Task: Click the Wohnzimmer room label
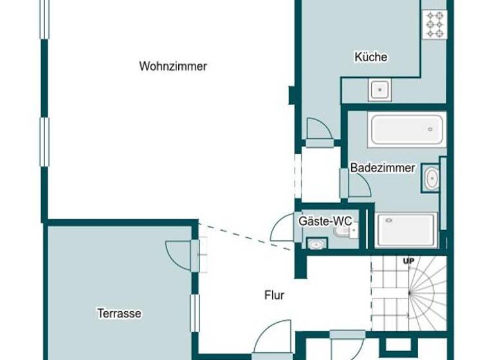point(172,66)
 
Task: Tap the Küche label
point(371,57)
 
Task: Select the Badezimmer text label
point(382,168)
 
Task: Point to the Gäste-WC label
point(325,222)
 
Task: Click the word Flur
point(275,296)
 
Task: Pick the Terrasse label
point(119,314)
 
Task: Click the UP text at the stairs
point(408,261)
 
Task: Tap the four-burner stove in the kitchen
point(435,24)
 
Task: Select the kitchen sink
point(380,89)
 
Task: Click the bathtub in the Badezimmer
point(407,130)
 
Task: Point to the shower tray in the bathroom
point(407,230)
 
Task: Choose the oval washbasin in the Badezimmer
point(431,179)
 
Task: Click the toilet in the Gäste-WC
point(341,230)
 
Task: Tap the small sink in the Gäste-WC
point(316,244)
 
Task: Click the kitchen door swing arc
point(318,130)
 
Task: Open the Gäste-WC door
point(284,228)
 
